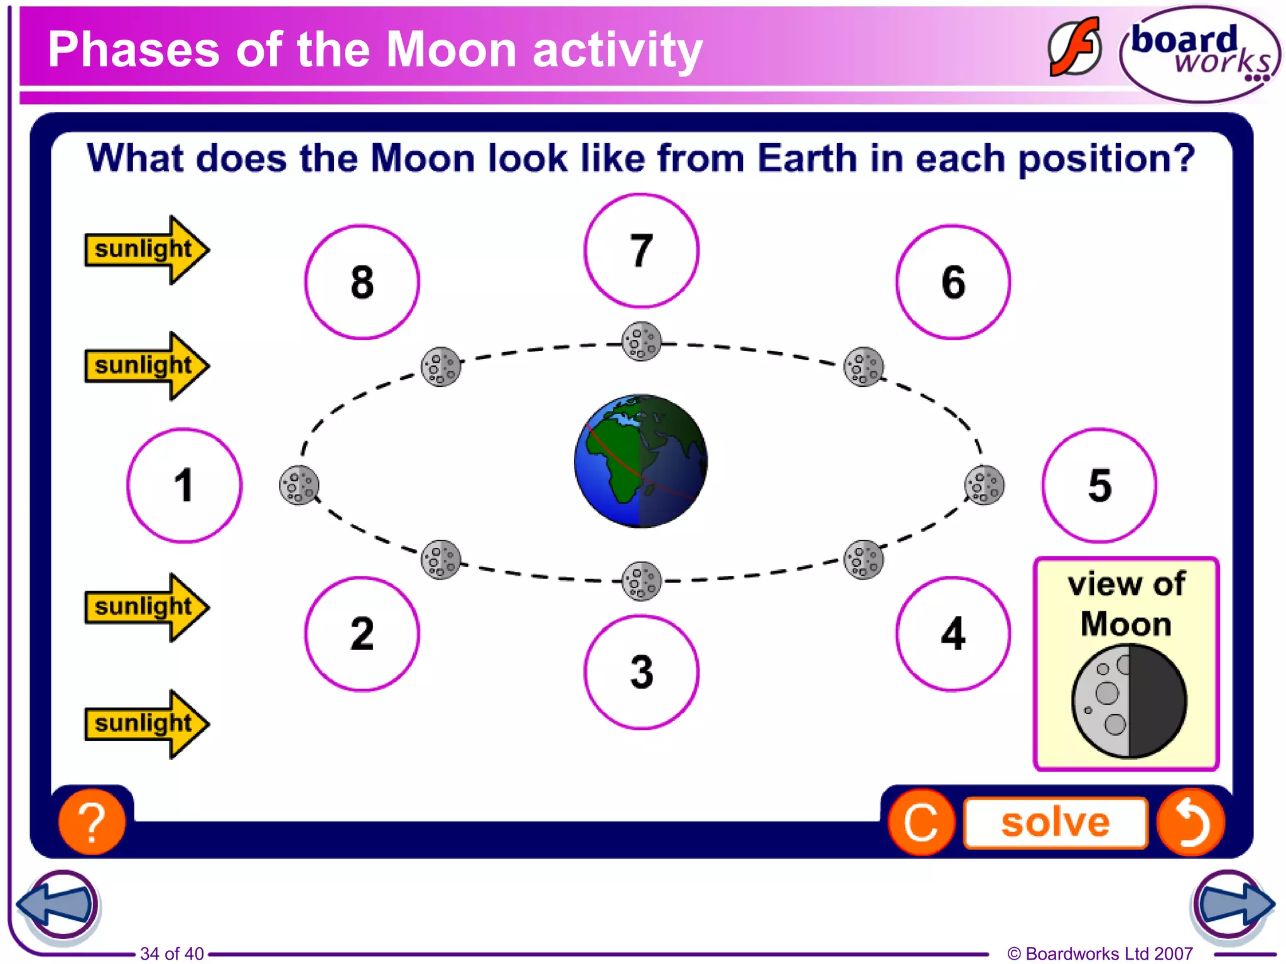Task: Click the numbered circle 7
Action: (x=640, y=250)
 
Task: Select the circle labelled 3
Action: (x=640, y=672)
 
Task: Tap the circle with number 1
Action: (x=184, y=485)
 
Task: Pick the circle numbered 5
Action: (x=1099, y=485)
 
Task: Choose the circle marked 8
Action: (x=362, y=282)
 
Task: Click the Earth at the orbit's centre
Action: (x=640, y=461)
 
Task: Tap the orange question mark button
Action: (x=92, y=822)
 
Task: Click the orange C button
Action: (x=921, y=822)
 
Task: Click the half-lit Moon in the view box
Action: (x=1128, y=701)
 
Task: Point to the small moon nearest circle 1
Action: (x=299, y=485)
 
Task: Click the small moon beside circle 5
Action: (x=984, y=485)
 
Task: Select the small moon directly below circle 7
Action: (x=641, y=341)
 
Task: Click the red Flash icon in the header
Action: (x=1074, y=48)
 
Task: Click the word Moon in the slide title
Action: (x=451, y=50)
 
